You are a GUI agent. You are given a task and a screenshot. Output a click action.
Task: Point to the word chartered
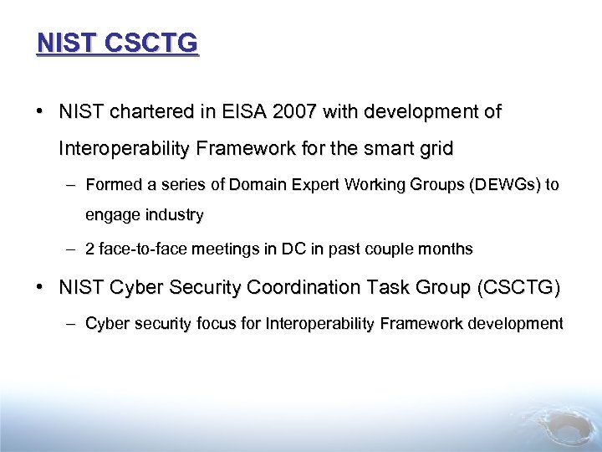click(143, 112)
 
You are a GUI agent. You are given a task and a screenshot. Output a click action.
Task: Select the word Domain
click(260, 184)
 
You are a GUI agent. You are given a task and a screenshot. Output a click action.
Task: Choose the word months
click(444, 249)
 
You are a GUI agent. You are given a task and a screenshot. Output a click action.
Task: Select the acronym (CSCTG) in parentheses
click(518, 288)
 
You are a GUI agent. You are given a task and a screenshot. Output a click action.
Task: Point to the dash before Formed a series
click(73, 184)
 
